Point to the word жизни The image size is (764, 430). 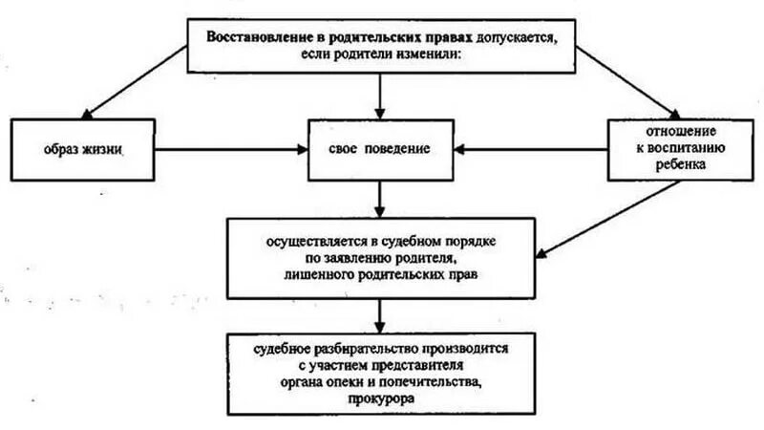point(105,151)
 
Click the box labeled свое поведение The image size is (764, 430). point(380,150)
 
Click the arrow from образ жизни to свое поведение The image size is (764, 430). point(229,150)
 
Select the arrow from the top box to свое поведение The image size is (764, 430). point(380,96)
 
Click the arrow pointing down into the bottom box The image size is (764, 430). point(380,314)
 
